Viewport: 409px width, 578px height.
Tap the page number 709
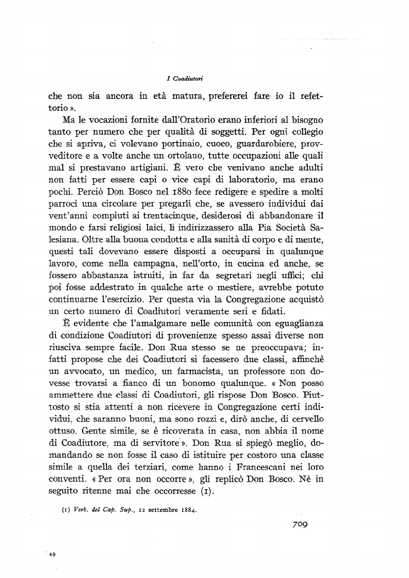click(303, 525)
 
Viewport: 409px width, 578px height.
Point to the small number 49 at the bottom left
click(52, 554)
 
